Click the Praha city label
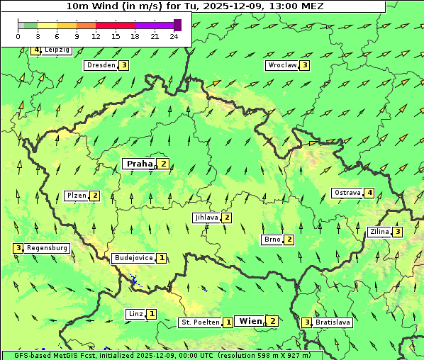tap(139, 164)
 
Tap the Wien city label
tap(250, 321)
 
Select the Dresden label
tap(100, 65)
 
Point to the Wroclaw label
tap(281, 65)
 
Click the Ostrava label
tap(347, 193)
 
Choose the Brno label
tap(272, 240)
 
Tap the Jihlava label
tap(206, 218)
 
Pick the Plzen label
tap(76, 196)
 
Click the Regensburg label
tap(48, 248)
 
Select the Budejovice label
tap(133, 258)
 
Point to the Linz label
tap(135, 314)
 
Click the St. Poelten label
tap(200, 322)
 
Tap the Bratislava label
tap(333, 322)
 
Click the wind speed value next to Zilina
tap(398, 232)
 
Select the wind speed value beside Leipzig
tap(35, 50)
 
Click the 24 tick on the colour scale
tap(174, 35)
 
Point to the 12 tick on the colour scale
tap(96, 35)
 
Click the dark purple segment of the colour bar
tap(177, 25)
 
